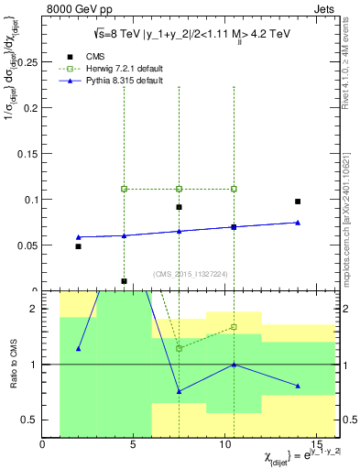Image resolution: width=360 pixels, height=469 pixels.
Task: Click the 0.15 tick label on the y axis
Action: point(27,154)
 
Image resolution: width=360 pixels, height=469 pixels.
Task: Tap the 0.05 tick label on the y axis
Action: point(27,245)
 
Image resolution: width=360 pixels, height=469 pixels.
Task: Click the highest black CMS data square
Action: point(298,202)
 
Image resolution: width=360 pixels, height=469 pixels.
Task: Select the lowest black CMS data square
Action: point(124,281)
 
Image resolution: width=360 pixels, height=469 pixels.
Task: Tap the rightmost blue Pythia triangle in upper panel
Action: point(298,222)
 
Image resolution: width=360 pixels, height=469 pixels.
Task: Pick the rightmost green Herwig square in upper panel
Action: point(234,189)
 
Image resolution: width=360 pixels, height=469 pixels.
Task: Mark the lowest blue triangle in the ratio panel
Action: point(179,391)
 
